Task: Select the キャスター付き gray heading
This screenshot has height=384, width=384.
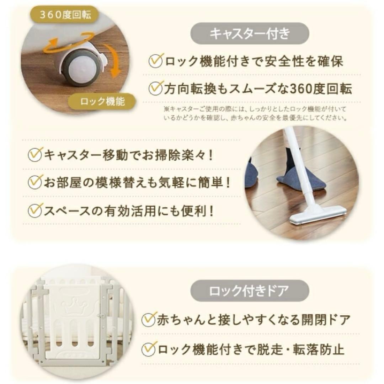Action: [x=250, y=34]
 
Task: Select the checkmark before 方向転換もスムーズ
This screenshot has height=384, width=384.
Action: [x=156, y=87]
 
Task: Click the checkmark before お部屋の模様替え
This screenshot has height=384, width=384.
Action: [x=35, y=182]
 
